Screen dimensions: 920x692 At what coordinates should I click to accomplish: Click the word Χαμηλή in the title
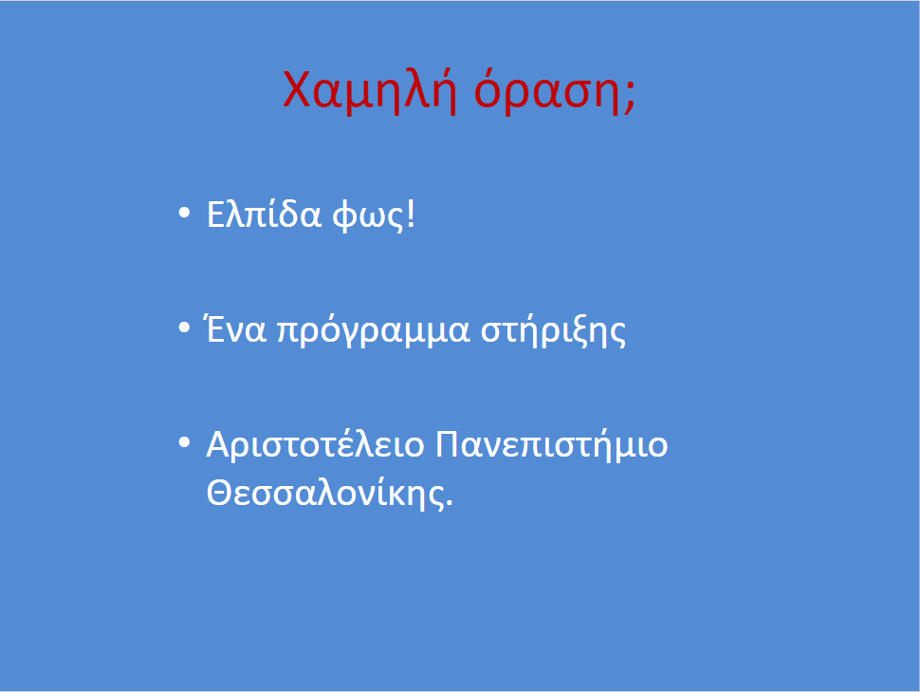(370, 90)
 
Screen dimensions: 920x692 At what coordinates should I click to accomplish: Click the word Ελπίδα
(264, 214)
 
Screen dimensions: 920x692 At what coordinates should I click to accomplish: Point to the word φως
(368, 215)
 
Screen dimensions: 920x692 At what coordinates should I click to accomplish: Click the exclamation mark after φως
(410, 214)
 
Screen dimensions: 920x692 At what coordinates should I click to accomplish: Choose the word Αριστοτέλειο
(315, 444)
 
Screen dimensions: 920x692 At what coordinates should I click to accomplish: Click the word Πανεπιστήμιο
(552, 445)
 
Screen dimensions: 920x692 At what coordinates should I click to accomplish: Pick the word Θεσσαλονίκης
(325, 494)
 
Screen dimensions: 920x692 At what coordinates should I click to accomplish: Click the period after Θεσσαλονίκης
(450, 502)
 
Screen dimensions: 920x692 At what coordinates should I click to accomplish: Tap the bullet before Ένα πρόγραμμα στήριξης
(184, 327)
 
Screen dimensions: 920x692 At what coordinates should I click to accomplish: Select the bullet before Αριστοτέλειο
(184, 442)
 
